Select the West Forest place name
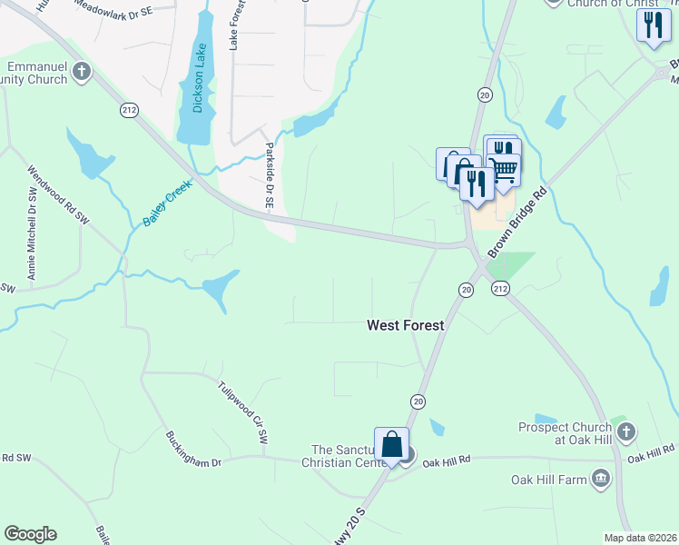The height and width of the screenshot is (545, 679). click(405, 324)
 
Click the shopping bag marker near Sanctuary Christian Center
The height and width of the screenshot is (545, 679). click(391, 446)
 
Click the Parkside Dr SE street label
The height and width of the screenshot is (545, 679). click(269, 176)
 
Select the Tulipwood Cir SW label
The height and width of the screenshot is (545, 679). click(243, 411)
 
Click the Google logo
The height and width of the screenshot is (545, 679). click(30, 534)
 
